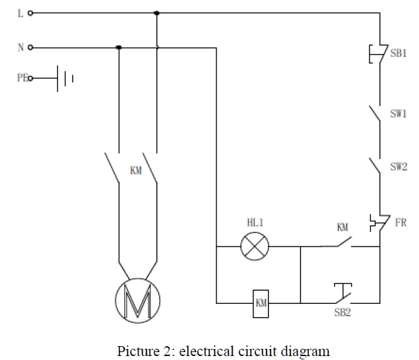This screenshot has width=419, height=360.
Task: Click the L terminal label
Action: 20,13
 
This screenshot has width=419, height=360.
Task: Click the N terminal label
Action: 20,48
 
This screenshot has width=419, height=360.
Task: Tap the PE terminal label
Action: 22,78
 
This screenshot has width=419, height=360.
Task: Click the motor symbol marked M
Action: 137,301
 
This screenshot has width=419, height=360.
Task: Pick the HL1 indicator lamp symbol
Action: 254,248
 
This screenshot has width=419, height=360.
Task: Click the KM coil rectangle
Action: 261,303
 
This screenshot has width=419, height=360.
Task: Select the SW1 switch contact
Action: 376,115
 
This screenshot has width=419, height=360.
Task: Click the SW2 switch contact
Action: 376,166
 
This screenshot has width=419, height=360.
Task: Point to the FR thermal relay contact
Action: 377,223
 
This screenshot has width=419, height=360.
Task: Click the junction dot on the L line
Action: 156,13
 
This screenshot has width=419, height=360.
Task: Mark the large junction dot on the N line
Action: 119,48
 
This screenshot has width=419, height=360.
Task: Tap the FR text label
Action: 401,223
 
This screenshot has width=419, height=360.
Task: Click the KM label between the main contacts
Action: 137,170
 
